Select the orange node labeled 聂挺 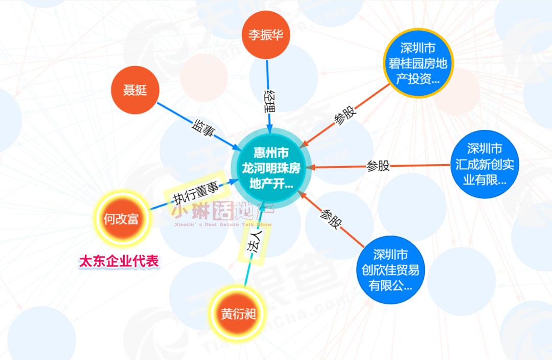pyautogui.click(x=135, y=91)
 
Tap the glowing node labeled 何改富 pyautogui.click(x=121, y=219)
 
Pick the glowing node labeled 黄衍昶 pyautogui.click(x=238, y=313)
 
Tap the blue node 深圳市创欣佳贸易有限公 pyautogui.click(x=390, y=269)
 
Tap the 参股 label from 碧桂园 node pyautogui.click(x=345, y=117)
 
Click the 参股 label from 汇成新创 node pyautogui.click(x=378, y=166)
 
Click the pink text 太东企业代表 pyautogui.click(x=118, y=261)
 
